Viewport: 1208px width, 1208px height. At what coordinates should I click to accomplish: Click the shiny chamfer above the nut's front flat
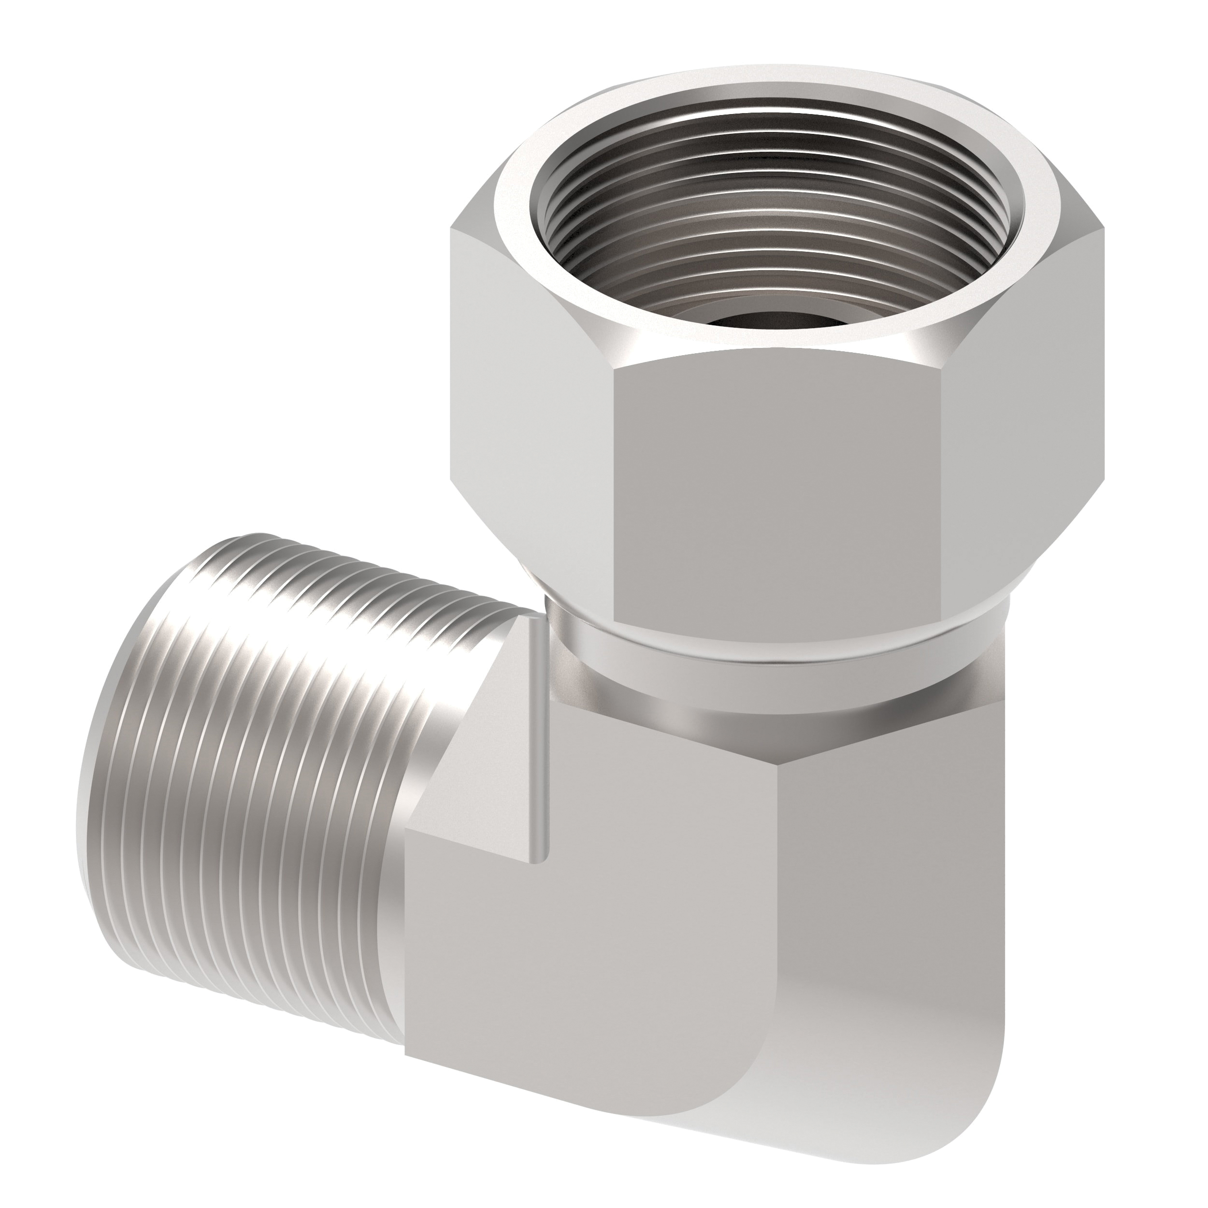pos(776,350)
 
